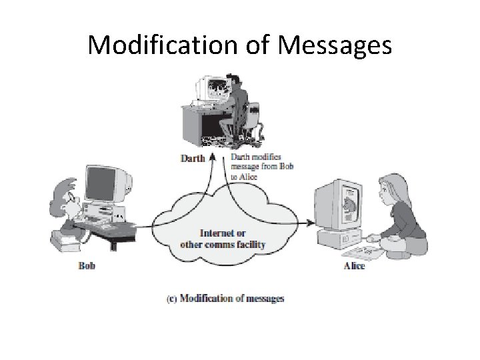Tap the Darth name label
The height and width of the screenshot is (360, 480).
point(193,158)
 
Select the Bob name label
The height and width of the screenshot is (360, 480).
point(87,266)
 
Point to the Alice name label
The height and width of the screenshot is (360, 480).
point(354,267)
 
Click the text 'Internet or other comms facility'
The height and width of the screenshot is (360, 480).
point(223,239)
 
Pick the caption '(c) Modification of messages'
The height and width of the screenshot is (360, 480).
point(225,298)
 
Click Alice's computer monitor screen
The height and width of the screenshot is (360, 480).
point(347,203)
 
